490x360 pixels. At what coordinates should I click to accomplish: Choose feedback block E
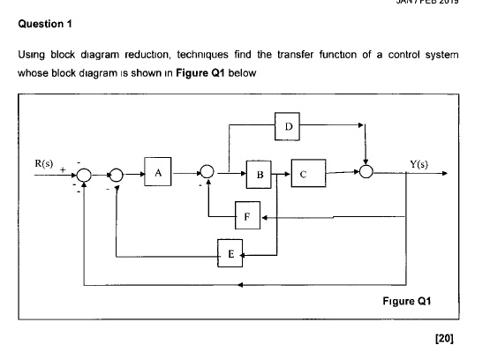click(x=230, y=254)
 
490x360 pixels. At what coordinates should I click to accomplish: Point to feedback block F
click(x=249, y=214)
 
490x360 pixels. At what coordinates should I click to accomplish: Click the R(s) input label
click(x=44, y=165)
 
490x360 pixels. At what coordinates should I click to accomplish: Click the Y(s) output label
click(x=420, y=165)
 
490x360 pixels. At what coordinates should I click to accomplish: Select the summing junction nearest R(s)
click(x=84, y=176)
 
